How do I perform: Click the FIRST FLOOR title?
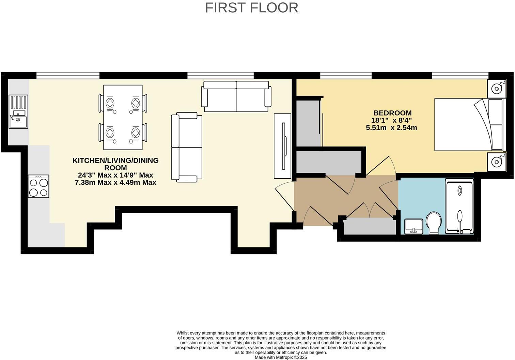[x=251, y=8]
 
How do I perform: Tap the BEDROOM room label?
[x=392, y=113]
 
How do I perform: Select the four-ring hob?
[x=38, y=186]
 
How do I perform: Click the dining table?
[x=123, y=117]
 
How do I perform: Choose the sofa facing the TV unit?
[x=186, y=147]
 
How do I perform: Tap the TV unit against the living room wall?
[x=282, y=146]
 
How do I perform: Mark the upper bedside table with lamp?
[x=496, y=89]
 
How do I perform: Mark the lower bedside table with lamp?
[x=496, y=162]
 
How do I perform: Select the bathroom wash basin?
[x=413, y=226]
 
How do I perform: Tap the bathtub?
[x=459, y=207]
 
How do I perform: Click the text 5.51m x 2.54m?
[x=391, y=128]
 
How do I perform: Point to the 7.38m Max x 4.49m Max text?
[x=115, y=182]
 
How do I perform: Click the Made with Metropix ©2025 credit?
[x=281, y=357]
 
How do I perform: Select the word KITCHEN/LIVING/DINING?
[x=115, y=160]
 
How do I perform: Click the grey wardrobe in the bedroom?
[x=308, y=123]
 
